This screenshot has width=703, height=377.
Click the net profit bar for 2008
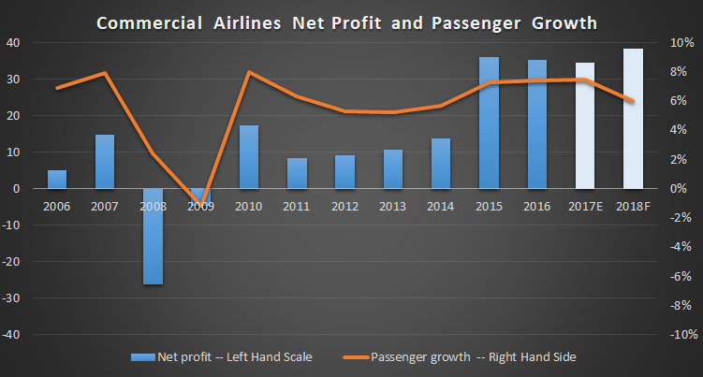point(153,236)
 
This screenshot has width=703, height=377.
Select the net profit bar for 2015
point(489,123)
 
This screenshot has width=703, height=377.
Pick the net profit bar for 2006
point(57,179)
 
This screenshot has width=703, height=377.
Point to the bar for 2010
point(249,156)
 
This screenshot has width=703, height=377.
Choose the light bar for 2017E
point(585,125)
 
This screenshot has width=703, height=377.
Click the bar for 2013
point(393,168)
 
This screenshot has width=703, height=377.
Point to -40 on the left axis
point(15,334)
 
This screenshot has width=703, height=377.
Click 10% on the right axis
point(681,42)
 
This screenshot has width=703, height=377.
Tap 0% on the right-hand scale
point(682,188)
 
